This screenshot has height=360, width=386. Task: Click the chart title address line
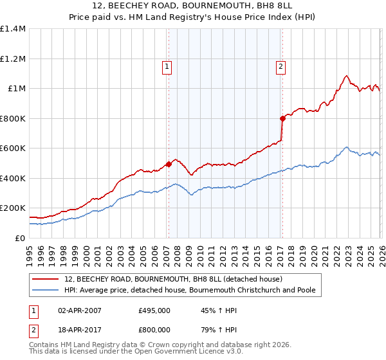click(x=193, y=6)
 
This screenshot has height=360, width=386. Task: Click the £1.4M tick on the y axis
click(x=13, y=29)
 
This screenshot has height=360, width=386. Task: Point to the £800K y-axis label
click(x=13, y=118)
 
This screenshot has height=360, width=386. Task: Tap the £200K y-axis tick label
click(x=13, y=208)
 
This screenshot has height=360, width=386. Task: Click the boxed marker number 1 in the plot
click(x=167, y=66)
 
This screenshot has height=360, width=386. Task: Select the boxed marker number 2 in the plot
click(x=281, y=66)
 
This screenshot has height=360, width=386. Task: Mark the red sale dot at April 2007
click(x=169, y=164)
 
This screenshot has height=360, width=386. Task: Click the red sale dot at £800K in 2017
click(x=282, y=118)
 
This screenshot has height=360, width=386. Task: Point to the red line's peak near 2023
click(x=346, y=76)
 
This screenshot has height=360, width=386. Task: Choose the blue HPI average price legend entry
click(x=190, y=291)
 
